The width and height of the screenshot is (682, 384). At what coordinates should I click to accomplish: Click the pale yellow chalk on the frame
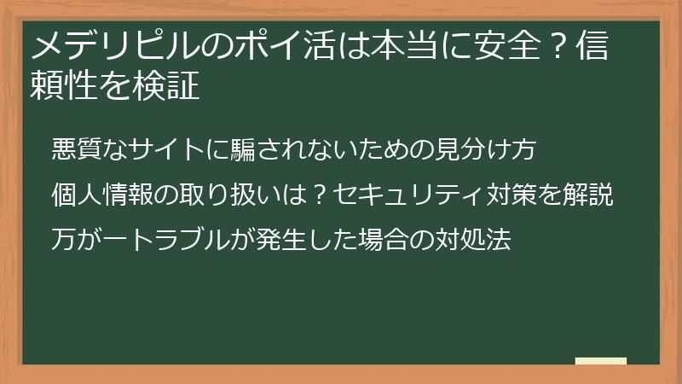coord(600,361)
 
